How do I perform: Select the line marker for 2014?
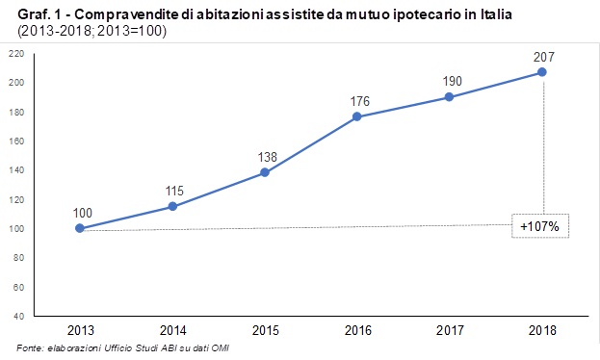pyautogui.click(x=172, y=206)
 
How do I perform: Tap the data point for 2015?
pyautogui.click(x=265, y=172)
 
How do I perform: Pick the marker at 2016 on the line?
pyautogui.click(x=357, y=116)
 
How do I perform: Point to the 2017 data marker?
pyautogui.click(x=450, y=96)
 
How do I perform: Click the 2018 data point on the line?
pyautogui.click(x=542, y=71)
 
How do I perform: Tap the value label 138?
pyautogui.click(x=265, y=155)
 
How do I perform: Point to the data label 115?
pyautogui.click(x=172, y=189)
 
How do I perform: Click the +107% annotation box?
pyautogui.click(x=540, y=228)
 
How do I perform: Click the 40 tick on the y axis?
pyautogui.click(x=18, y=316)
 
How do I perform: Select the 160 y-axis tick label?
pyautogui.click(x=16, y=141)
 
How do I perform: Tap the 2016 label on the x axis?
pyautogui.click(x=357, y=330)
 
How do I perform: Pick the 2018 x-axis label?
pyautogui.click(x=542, y=330)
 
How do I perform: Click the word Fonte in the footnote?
pyautogui.click(x=31, y=347)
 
